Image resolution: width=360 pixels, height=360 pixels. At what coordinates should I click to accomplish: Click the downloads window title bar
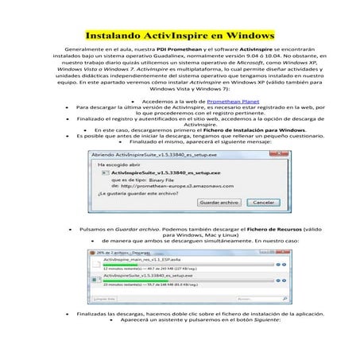click(x=131, y=251)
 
